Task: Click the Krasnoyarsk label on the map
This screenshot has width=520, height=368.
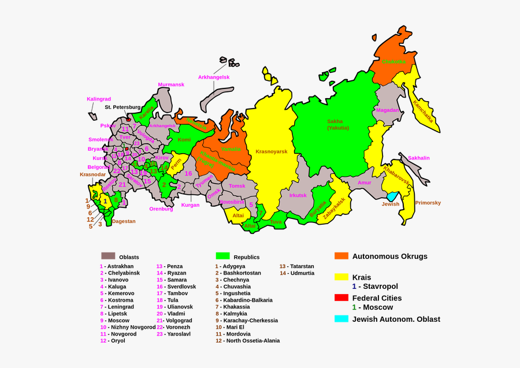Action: [271, 151]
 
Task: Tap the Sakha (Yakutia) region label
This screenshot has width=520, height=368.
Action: [335, 125]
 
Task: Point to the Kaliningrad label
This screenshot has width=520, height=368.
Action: [98, 99]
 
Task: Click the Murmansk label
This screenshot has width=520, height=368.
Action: [171, 84]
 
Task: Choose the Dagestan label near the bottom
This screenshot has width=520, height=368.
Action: [124, 221]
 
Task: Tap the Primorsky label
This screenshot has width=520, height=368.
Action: [428, 203]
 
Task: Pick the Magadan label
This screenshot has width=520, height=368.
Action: [387, 110]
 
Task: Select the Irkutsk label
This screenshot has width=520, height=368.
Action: [298, 195]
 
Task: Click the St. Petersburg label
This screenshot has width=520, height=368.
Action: [122, 107]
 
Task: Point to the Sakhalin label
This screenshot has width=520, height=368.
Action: [419, 158]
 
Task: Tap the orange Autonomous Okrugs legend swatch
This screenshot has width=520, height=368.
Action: [341, 255]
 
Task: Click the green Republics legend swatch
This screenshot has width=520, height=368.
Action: [223, 255]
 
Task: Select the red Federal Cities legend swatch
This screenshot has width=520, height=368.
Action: [341, 298]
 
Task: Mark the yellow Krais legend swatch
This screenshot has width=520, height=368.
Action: [341, 277]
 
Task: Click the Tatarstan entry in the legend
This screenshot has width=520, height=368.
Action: [298, 266]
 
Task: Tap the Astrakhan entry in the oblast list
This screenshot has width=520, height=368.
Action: [119, 266]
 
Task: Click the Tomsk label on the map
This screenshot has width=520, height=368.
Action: [237, 186]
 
